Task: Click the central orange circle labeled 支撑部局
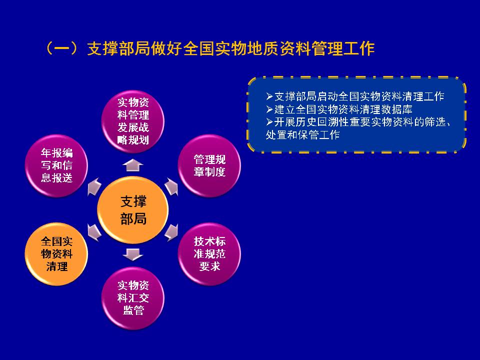pos(133,210)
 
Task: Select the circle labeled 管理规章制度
pos(209,165)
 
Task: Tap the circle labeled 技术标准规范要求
pos(209,254)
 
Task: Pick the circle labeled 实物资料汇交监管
pos(133,298)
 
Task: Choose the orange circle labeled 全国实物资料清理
pos(56,254)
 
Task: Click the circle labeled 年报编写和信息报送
pos(56,165)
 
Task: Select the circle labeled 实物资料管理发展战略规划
pos(133,121)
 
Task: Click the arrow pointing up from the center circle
pos(133,165)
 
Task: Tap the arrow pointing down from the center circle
pos(133,254)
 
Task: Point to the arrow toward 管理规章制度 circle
pos(171,186)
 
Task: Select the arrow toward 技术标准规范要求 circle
pos(171,232)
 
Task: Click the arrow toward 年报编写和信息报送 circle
pos(94,186)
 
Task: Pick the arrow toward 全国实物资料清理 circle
pos(94,232)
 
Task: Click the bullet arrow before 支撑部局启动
pos(269,96)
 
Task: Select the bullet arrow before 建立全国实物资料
pos(269,109)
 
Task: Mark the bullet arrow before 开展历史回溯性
pos(269,122)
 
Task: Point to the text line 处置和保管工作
pos(303,134)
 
